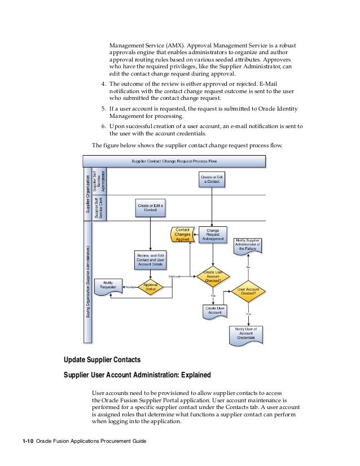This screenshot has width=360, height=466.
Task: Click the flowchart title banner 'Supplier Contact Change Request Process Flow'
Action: pos(173,161)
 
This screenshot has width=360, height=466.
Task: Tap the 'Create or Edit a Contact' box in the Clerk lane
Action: pos(150,208)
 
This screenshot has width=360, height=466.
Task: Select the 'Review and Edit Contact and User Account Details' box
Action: pos(150,259)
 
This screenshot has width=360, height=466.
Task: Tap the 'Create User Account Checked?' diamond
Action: pos(213,276)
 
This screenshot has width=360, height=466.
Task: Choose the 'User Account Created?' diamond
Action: pos(248,291)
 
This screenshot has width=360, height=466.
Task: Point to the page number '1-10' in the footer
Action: pos(27,441)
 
